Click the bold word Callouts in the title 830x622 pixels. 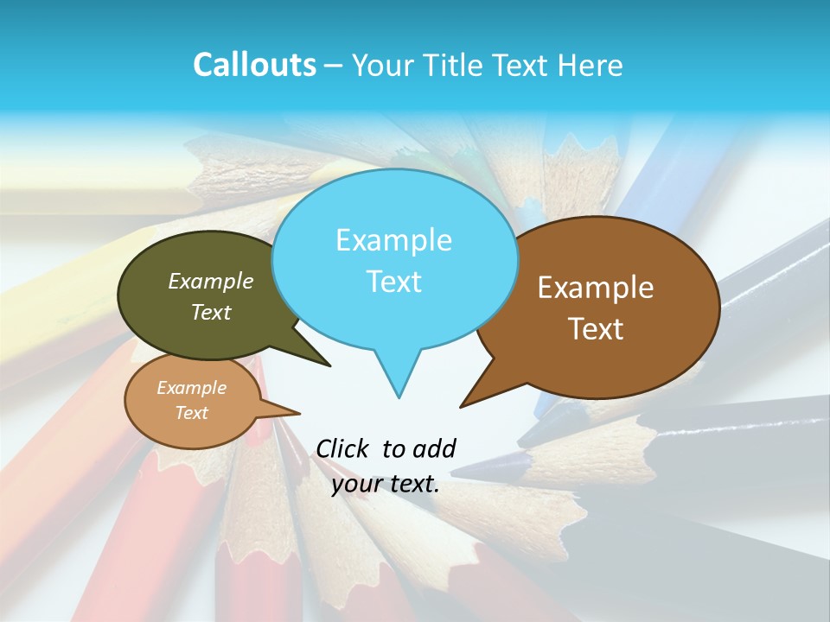coord(254,65)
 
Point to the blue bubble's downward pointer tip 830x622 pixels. coord(399,397)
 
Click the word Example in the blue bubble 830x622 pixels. coord(393,240)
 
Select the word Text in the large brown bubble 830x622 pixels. coord(596,329)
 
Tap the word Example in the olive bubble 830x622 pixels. coord(211,281)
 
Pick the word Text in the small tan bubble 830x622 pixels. coord(192,413)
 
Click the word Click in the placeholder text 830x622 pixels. coord(342,448)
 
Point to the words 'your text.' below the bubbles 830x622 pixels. coord(386,484)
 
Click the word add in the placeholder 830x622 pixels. coord(434,448)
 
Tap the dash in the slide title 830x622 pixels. coord(335,66)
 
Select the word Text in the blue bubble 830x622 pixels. coord(394,282)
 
